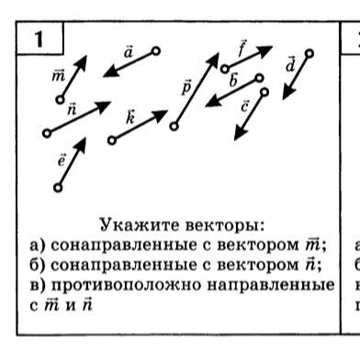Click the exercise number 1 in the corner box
point(39,39)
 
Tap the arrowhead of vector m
point(81,62)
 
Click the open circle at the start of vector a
point(156,51)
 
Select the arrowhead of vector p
point(213,60)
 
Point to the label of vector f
point(242,49)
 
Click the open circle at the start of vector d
point(309,53)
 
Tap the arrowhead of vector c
point(240,134)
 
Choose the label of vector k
point(130,117)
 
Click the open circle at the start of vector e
point(58,187)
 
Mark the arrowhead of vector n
point(103,106)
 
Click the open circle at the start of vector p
point(174,126)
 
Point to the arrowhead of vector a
point(111,73)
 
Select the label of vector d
point(290,64)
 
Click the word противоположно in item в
point(128,286)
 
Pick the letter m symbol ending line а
point(313,245)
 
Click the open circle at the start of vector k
point(112,141)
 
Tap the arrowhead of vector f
point(264,51)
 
